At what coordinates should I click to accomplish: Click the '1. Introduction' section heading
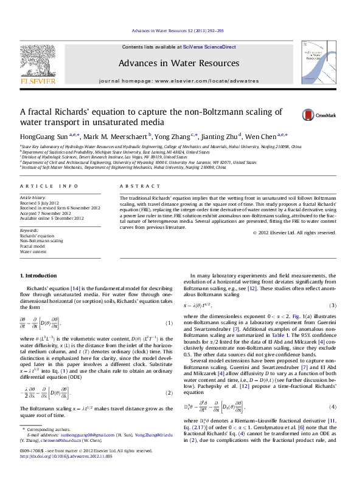click(x=38, y=276)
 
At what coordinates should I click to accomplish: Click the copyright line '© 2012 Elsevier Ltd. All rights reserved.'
click(x=302, y=233)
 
